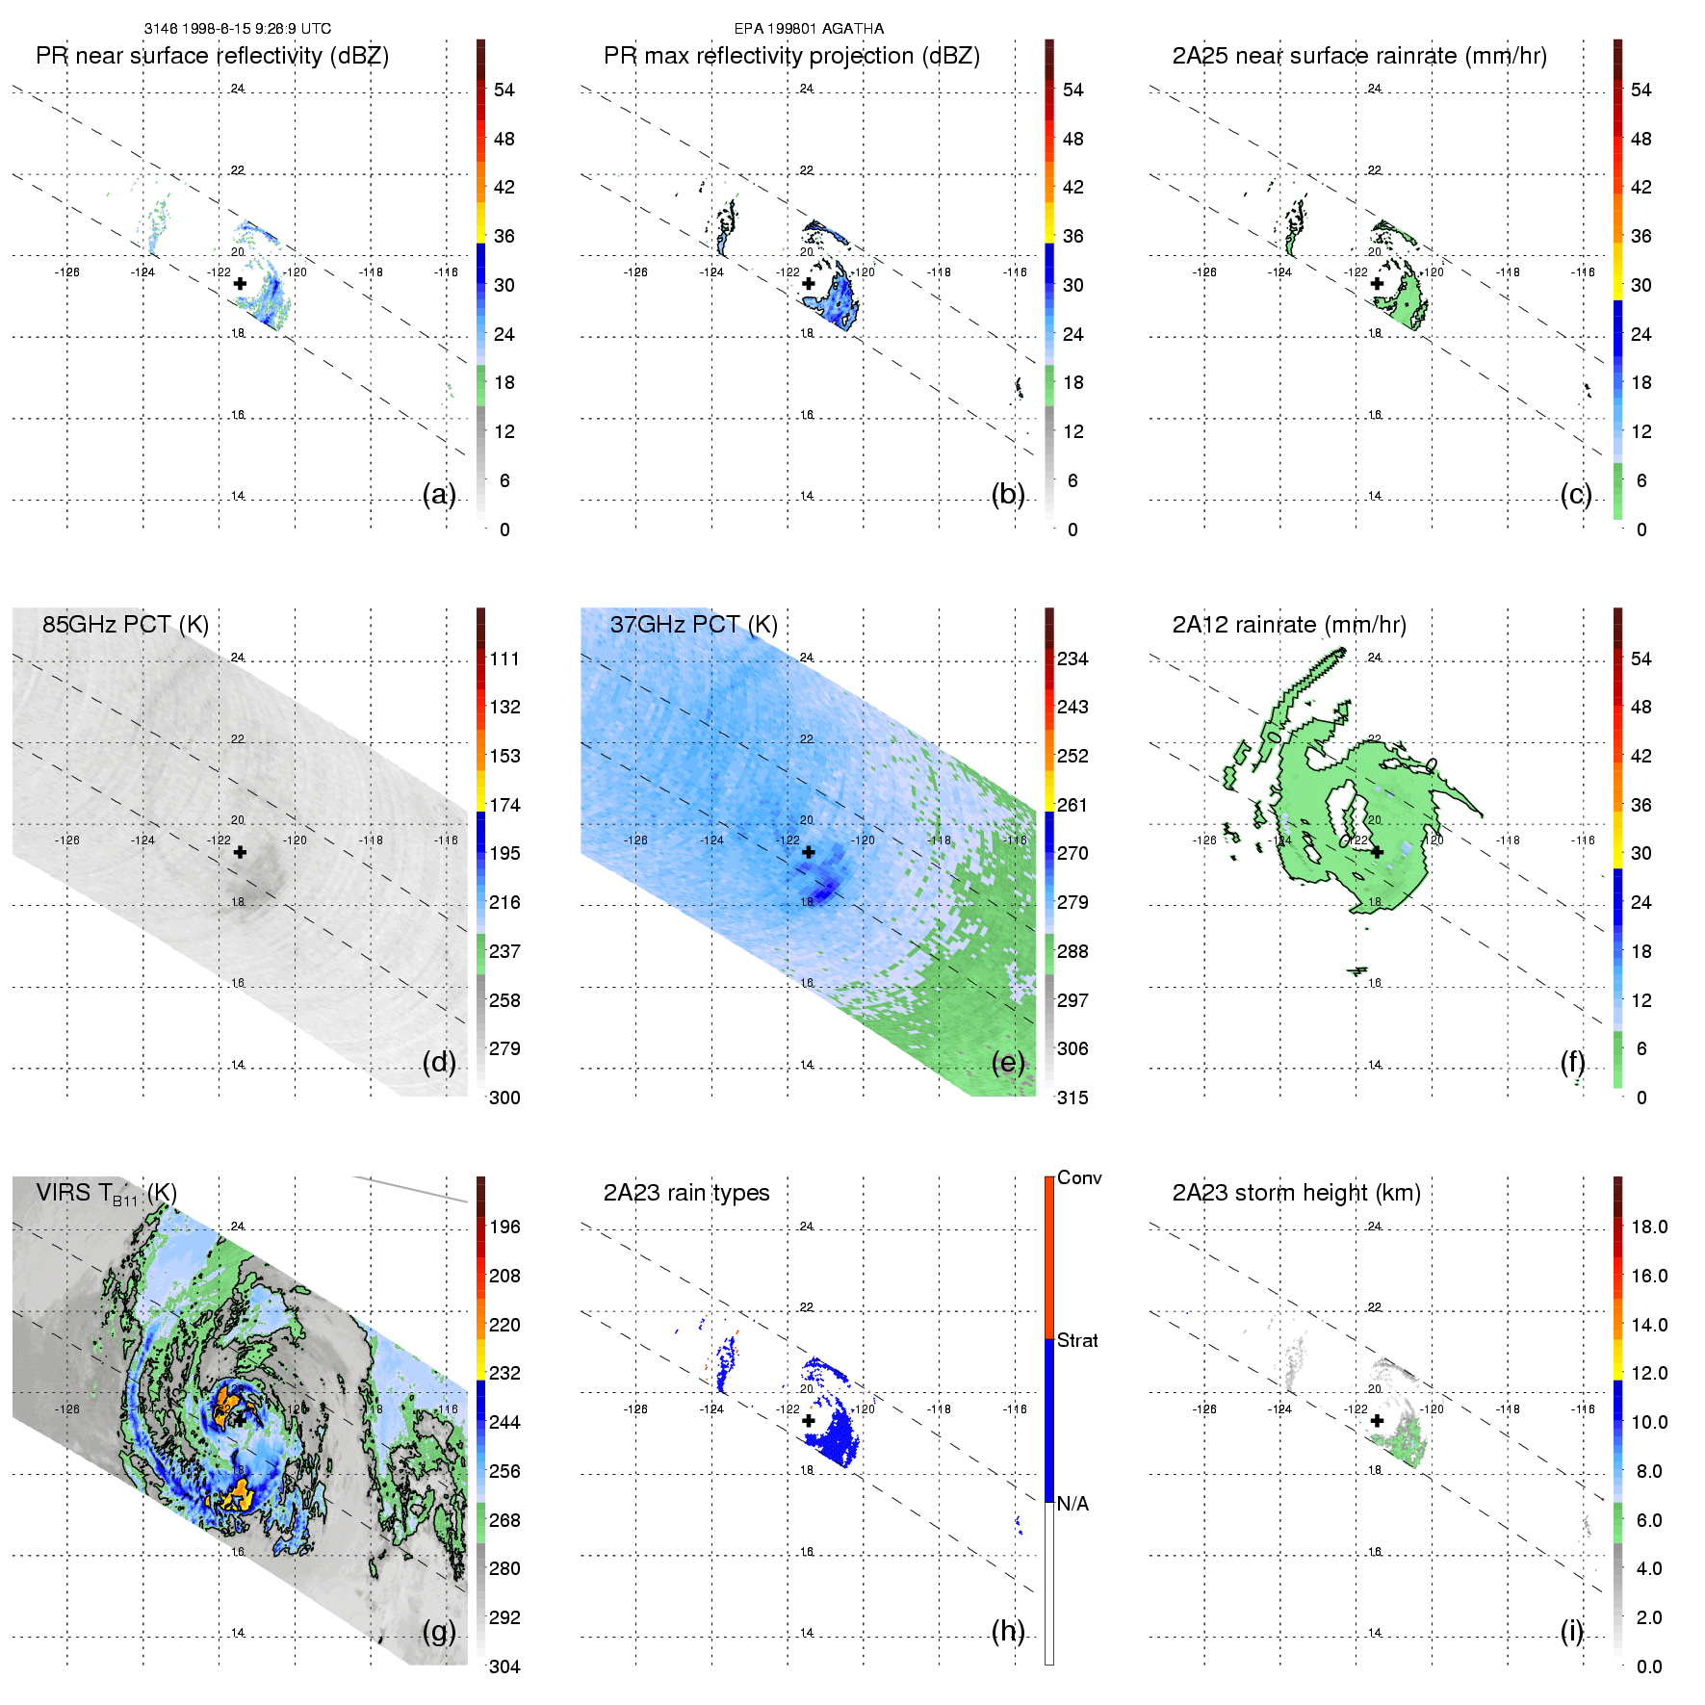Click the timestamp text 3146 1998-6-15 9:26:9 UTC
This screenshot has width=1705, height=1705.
pyautogui.click(x=237, y=29)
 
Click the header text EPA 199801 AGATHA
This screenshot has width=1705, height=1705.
pyautogui.click(x=809, y=29)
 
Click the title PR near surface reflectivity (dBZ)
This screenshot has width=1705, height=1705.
pyautogui.click(x=212, y=56)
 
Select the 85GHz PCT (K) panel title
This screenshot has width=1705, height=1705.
pyautogui.click(x=125, y=624)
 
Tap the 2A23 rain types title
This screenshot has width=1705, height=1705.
pyautogui.click(x=685, y=1193)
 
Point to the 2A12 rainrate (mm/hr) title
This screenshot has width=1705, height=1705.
pyautogui.click(x=1288, y=624)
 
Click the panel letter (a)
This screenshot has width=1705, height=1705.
pyautogui.click(x=439, y=494)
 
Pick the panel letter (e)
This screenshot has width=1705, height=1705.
pyautogui.click(x=1007, y=1062)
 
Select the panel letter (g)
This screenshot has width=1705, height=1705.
pyautogui.click(x=439, y=1631)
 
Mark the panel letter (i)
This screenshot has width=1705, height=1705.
pyautogui.click(x=1571, y=1631)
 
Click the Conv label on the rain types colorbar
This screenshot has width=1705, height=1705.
pyautogui.click(x=1078, y=1177)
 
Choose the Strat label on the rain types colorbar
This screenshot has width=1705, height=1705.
pyautogui.click(x=1077, y=1340)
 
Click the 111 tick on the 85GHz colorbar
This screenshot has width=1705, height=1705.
pyautogui.click(x=504, y=659)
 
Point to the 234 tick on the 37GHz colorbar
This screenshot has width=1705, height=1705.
pyautogui.click(x=1072, y=659)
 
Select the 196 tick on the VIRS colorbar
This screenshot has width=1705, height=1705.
pyautogui.click(x=504, y=1227)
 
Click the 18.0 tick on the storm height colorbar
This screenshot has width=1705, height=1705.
pyautogui.click(x=1648, y=1227)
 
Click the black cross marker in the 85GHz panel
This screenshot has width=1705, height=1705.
pyautogui.click(x=240, y=852)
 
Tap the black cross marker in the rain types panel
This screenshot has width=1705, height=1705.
pyautogui.click(x=809, y=1420)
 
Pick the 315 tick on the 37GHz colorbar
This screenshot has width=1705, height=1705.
pyautogui.click(x=1072, y=1098)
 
